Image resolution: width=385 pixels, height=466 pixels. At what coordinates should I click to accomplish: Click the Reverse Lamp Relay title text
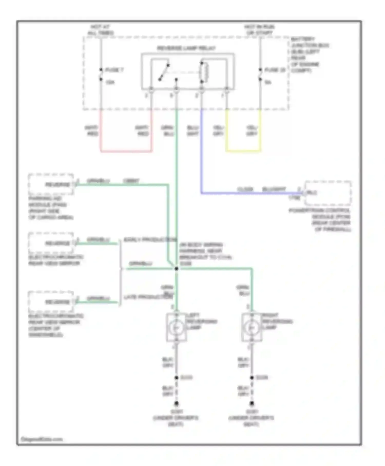[186, 48]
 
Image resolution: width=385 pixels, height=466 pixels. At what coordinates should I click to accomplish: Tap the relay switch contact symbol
[164, 72]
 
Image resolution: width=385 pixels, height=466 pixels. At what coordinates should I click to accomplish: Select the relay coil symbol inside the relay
[205, 72]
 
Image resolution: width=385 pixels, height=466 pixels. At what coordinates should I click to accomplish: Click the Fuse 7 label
[114, 70]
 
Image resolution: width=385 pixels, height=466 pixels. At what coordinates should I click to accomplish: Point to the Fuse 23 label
[275, 70]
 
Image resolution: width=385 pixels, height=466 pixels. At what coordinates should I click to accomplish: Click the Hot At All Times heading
[100, 30]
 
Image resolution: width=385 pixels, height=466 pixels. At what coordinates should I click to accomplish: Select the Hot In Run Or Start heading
[259, 30]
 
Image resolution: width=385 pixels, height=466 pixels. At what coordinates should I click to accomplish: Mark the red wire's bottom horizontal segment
[126, 151]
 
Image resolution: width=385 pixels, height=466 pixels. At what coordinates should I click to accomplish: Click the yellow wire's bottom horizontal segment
[243, 151]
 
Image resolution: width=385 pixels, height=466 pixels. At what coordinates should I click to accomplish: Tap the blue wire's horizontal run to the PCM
[252, 193]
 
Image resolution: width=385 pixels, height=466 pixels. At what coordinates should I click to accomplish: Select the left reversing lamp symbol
[176, 328]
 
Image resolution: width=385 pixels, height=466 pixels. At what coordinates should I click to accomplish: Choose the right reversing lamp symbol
[252, 328]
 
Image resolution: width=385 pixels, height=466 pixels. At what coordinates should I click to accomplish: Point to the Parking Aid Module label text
[51, 208]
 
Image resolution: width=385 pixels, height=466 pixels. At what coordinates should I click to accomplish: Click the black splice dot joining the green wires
[176, 269]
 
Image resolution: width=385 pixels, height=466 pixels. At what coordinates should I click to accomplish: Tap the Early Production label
[150, 239]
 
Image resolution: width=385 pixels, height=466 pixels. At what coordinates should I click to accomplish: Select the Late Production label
[148, 297]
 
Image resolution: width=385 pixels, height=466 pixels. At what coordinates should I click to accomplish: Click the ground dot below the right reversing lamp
[252, 403]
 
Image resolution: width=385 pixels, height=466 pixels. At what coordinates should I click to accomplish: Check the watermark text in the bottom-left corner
[42, 439]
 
